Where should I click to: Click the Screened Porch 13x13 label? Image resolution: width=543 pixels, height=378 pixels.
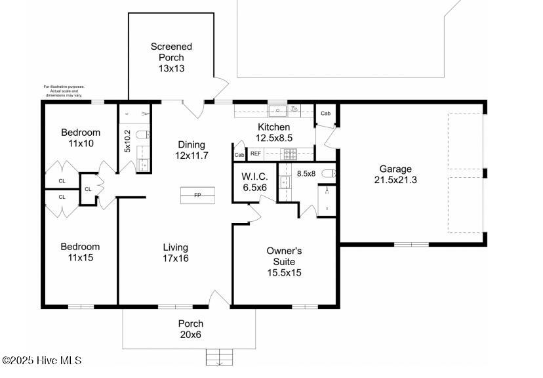171,57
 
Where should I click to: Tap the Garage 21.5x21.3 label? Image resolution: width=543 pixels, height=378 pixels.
395,175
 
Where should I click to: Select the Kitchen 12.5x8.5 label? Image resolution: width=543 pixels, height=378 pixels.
275,133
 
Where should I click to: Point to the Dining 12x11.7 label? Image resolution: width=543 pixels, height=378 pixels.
191,150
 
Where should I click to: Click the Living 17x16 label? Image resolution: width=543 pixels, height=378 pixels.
176,253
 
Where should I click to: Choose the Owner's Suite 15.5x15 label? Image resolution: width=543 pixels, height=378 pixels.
284,261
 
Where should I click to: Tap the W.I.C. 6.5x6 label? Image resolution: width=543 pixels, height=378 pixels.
254,181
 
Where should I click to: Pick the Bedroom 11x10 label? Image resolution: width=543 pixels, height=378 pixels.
80,137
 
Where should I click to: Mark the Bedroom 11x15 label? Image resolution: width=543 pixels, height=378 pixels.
80,252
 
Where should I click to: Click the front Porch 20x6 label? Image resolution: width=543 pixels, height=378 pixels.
191,329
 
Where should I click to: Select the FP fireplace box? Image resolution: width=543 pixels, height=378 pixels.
197,196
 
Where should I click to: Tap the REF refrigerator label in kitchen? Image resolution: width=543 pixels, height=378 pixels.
256,154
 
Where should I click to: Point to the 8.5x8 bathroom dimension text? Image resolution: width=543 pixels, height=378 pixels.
306,174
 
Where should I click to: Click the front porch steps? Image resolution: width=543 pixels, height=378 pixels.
220,358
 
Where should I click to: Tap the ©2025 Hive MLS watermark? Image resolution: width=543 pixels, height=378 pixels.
42,360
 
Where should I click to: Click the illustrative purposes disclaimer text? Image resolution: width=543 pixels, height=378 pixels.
64,91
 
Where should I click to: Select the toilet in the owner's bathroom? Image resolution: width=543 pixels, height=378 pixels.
329,174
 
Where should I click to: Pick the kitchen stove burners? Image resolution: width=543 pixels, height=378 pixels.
289,154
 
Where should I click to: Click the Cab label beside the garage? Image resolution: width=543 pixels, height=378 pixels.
325,114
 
